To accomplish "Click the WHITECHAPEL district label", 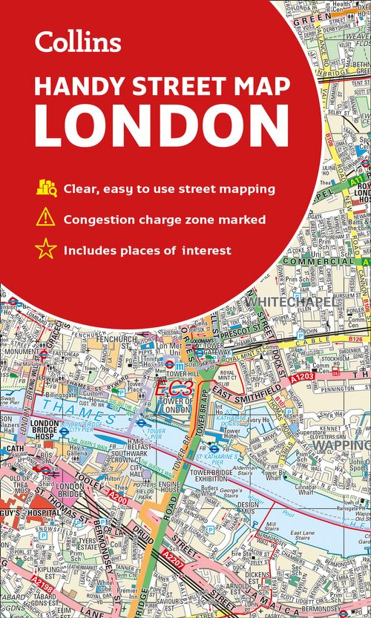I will (284, 302).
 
